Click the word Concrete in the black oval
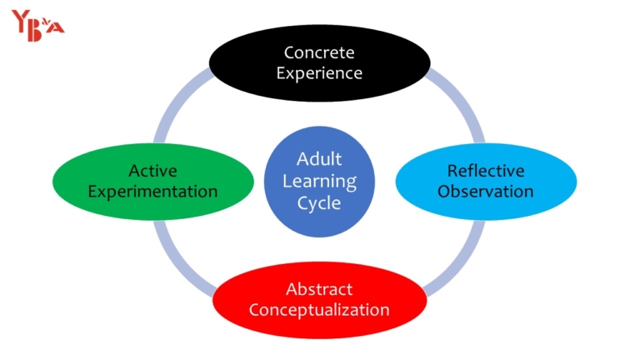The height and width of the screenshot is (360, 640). click(x=319, y=52)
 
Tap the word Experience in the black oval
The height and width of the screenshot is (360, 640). click(x=319, y=72)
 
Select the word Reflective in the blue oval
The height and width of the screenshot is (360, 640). click(x=486, y=171)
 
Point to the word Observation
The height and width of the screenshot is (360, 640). click(x=486, y=191)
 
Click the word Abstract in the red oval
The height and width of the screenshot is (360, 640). click(x=319, y=289)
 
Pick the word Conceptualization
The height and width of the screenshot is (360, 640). click(x=319, y=310)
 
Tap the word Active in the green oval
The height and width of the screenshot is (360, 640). click(x=152, y=171)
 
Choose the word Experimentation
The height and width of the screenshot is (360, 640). click(x=152, y=191)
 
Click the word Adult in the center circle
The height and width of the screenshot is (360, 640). click(x=319, y=159)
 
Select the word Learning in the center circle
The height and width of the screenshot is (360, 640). click(x=319, y=180)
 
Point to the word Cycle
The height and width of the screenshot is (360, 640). click(x=319, y=202)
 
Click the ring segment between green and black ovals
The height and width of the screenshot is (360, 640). click(x=183, y=100)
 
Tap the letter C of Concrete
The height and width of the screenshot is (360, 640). click(x=289, y=52)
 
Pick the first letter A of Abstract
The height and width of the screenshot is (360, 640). click(x=292, y=289)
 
